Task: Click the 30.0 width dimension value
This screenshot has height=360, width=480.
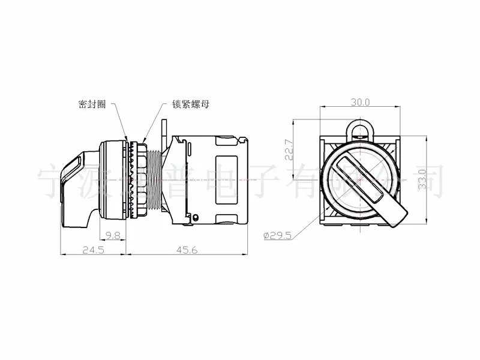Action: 360,102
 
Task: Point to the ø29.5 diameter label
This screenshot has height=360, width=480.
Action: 277,236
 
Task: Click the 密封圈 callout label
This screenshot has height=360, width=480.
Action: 92,103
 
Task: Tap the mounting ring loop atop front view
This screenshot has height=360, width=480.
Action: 359,129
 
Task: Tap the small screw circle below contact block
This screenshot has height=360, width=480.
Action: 194,217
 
